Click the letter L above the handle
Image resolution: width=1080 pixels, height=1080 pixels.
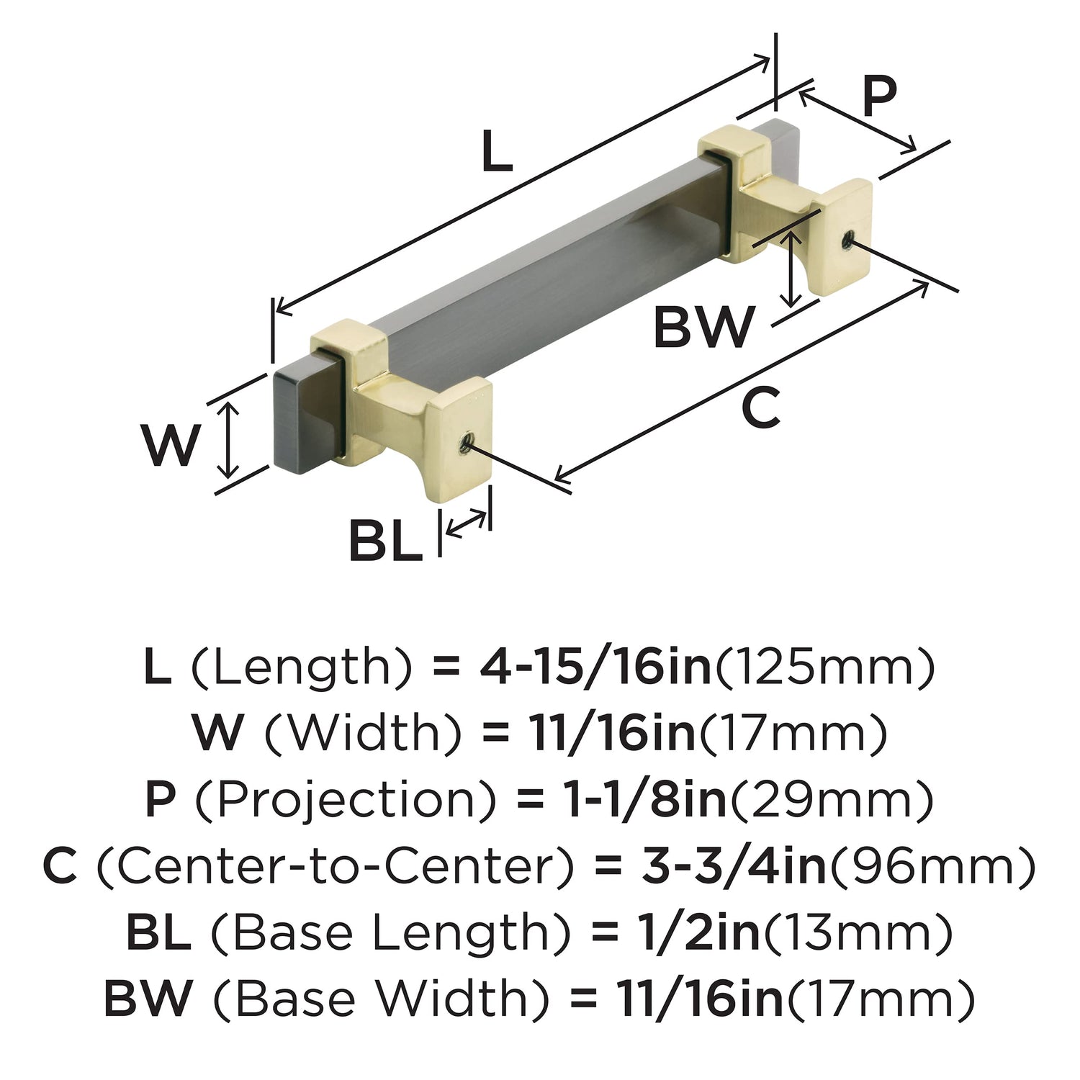[x=496, y=150]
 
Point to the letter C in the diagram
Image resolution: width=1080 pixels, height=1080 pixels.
[x=760, y=408]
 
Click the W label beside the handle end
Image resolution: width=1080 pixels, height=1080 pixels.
[x=169, y=444]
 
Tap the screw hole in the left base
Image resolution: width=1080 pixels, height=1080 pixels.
[x=464, y=441]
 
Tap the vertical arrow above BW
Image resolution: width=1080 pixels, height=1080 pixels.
[x=792, y=269]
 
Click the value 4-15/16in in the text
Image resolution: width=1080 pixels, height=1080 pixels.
[x=595, y=667]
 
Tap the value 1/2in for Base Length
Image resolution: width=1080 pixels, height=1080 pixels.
[x=698, y=932]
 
